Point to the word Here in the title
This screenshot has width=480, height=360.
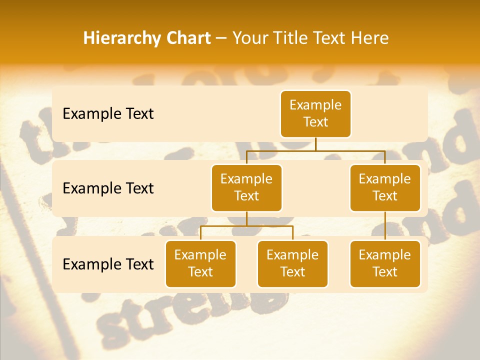[369, 38]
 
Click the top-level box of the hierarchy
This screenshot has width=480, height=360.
[315, 113]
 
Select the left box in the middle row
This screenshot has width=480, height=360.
[246, 187]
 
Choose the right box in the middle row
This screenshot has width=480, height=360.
[385, 187]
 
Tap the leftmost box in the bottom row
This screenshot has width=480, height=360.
[200, 263]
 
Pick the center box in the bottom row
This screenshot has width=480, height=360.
[292, 263]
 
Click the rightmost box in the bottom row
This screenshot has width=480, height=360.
[385, 263]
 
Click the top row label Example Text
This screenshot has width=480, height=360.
[108, 113]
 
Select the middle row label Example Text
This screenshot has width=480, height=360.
[108, 188]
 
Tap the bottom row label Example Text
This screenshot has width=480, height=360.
[108, 264]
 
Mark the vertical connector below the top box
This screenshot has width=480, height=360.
[315, 144]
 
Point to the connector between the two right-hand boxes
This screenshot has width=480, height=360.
[385, 225]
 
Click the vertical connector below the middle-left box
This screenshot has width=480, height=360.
[246, 218]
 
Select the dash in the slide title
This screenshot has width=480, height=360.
[221, 38]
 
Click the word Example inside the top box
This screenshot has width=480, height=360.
[315, 105]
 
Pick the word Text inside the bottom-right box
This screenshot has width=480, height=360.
[385, 272]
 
